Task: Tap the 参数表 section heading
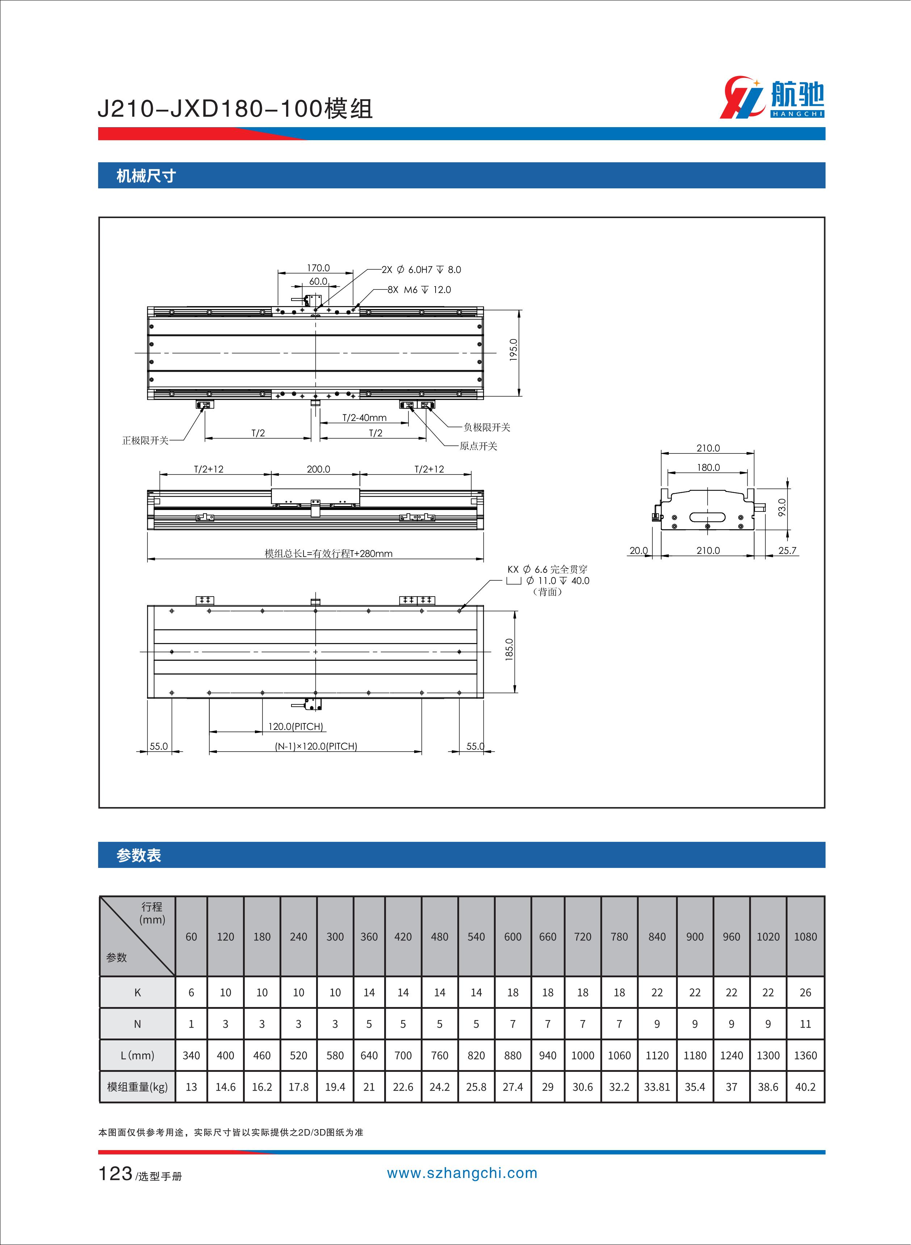[x=138, y=855]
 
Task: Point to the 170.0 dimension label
[x=318, y=268]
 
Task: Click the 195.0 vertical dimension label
[x=513, y=350]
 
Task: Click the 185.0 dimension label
[x=509, y=649]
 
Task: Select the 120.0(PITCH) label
[x=295, y=727]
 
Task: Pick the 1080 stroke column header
[x=805, y=937]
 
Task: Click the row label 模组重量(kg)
[x=137, y=1087]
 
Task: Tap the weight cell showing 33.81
[x=657, y=1087]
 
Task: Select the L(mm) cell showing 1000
[x=582, y=1055]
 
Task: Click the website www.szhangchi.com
[x=462, y=1173]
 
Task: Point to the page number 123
[x=115, y=1174]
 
